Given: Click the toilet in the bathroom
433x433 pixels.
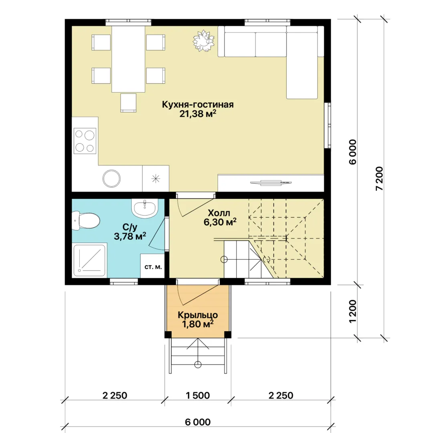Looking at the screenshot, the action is point(86,221).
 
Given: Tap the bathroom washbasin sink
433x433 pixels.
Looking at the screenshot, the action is point(144,208).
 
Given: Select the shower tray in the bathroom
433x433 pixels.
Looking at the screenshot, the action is point(89,260).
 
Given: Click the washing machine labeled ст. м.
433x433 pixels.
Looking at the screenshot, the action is point(153,266).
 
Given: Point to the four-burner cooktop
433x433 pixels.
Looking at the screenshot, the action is point(85,141).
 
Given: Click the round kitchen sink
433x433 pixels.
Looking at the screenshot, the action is point(111,178).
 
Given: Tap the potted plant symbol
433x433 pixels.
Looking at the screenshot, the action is point(204,40).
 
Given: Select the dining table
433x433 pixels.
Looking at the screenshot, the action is point(128,59).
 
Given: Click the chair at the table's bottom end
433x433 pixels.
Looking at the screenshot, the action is point(128,103).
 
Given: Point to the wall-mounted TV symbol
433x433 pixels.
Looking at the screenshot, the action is point(271,182).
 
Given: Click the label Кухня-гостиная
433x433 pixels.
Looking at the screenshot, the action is point(198,104).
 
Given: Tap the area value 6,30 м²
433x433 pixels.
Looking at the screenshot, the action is point(220,222).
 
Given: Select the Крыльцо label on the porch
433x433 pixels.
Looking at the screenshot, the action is point(198,315).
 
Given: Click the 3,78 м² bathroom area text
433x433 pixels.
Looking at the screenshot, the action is point(130,236).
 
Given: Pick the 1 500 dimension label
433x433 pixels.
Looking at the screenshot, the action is point(198,395).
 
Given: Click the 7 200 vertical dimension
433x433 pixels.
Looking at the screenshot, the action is point(380,178).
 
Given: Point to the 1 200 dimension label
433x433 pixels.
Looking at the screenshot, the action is point(353,311).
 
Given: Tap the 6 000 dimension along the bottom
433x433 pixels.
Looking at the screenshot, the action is point(198,422).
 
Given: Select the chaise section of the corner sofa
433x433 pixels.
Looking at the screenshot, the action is point(302,65).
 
